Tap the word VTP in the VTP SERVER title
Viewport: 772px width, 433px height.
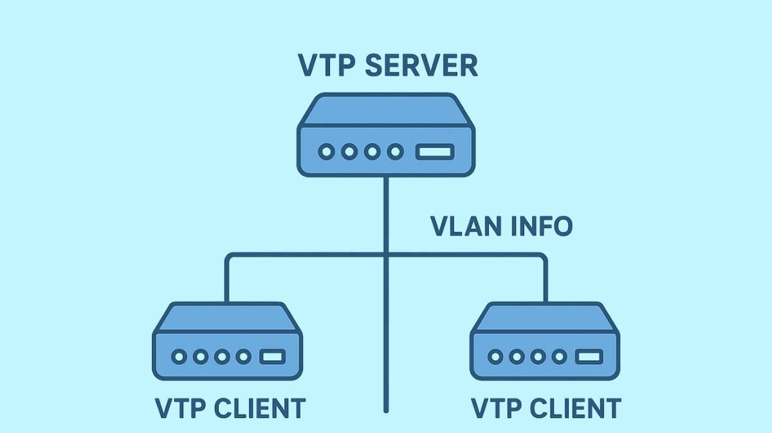(327, 66)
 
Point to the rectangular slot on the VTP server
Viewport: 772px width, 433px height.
(435, 152)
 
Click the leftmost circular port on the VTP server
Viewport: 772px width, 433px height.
(327, 152)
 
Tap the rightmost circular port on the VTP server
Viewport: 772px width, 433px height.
(396, 152)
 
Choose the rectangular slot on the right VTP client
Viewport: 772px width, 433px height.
(588, 356)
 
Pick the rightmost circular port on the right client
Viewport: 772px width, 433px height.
(559, 356)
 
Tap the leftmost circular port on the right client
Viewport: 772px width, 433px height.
(495, 356)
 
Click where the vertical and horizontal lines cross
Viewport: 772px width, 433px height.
(386, 255)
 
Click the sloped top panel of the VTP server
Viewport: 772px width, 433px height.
(386, 110)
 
